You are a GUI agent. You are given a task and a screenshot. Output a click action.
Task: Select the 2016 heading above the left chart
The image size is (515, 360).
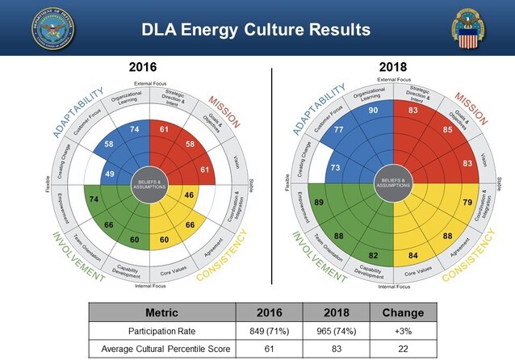(x=142, y=68)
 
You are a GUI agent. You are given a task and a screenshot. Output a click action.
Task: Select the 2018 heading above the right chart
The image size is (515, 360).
(x=393, y=68)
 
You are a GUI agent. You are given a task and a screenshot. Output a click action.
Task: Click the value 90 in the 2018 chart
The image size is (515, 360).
(x=374, y=110)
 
